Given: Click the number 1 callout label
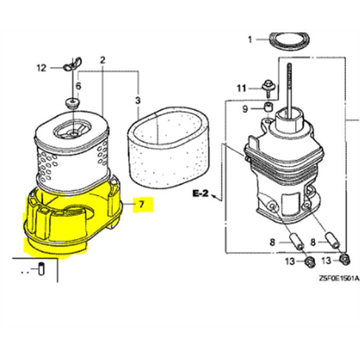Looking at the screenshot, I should point(250,40).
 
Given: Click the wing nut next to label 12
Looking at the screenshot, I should point(71,66).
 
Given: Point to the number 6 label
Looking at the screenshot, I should point(78,86).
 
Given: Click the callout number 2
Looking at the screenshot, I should point(102,60).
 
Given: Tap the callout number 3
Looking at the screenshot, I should point(137,99).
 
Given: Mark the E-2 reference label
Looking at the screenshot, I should point(201,193).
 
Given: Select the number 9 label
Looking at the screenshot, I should point(245,109).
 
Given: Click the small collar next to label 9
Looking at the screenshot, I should point(267,109).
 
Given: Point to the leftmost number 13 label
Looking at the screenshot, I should point(290,262).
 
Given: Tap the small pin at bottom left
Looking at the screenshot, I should point(42,268).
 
